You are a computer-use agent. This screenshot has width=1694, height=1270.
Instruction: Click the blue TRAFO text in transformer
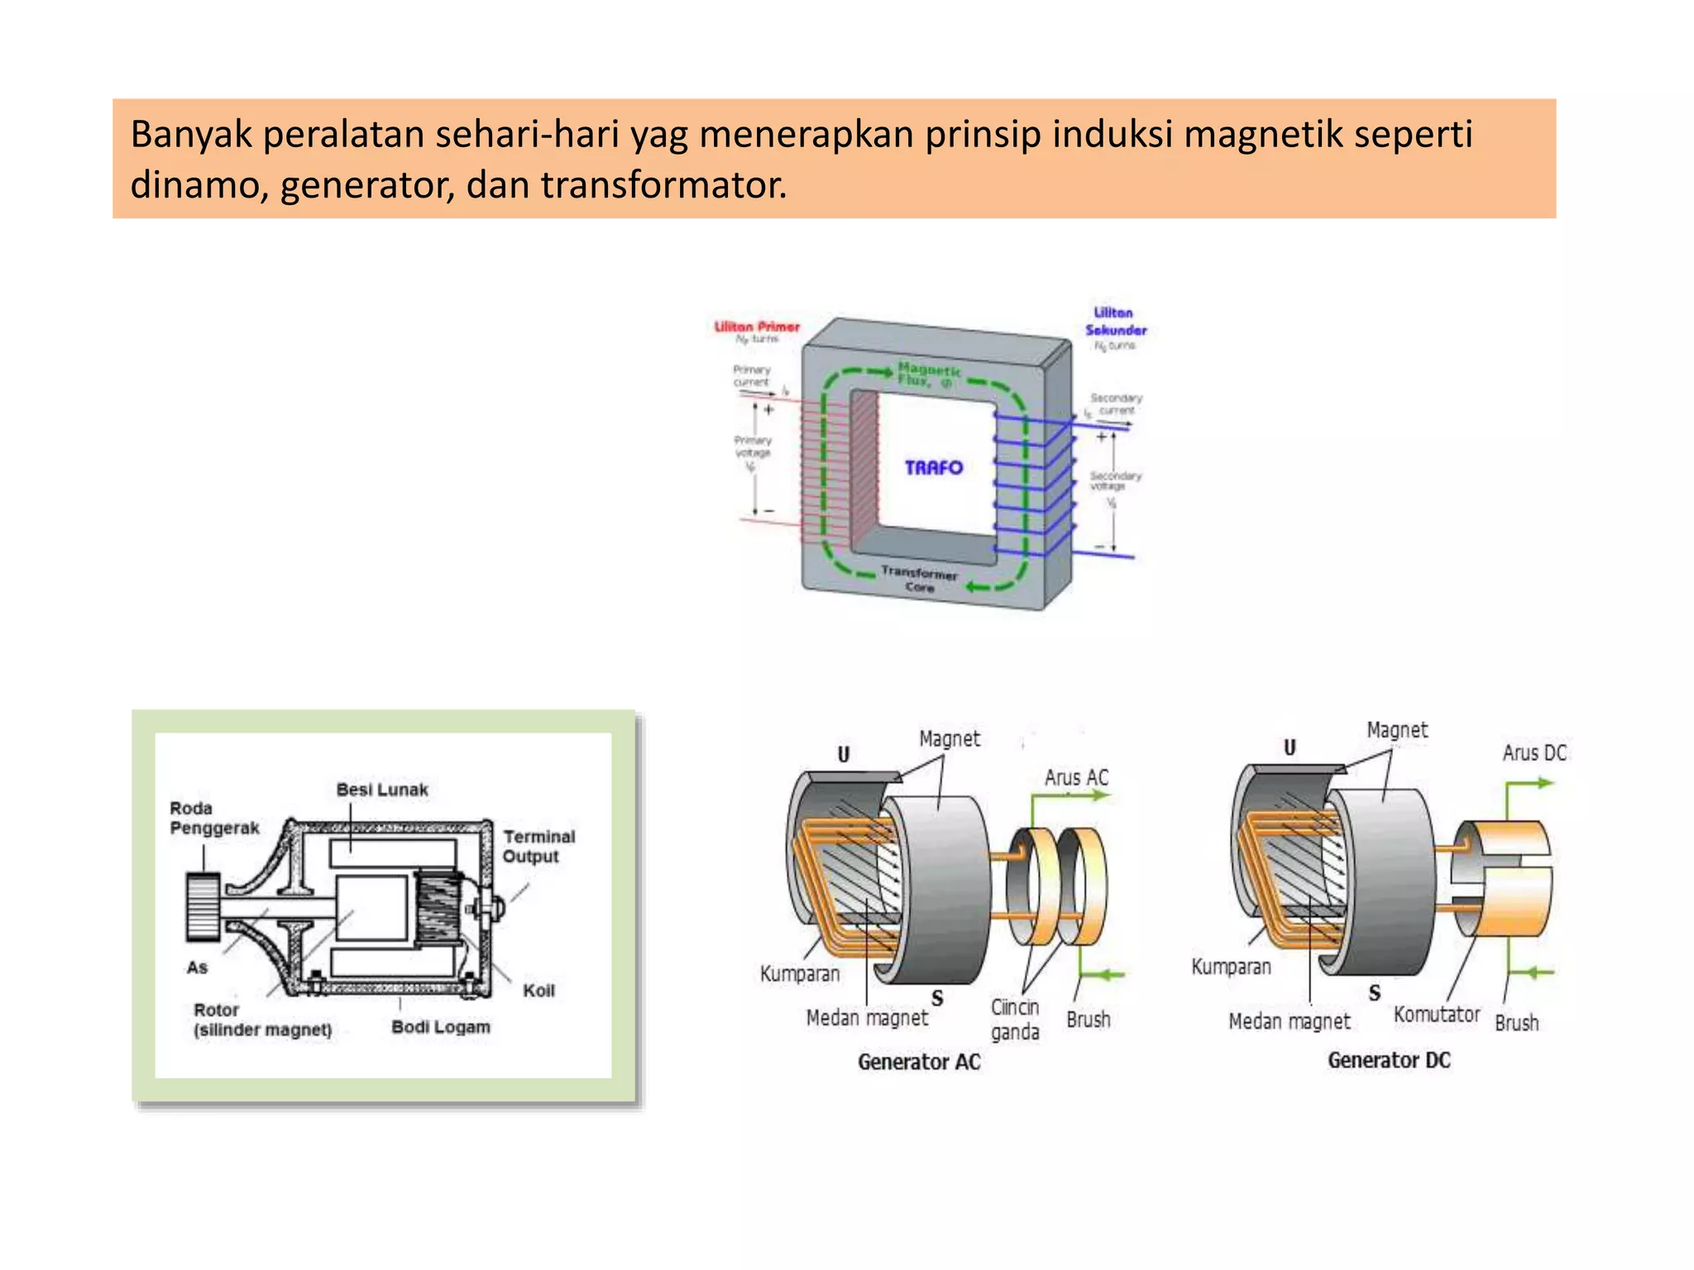[x=933, y=468]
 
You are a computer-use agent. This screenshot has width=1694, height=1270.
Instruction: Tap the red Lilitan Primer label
[x=757, y=327]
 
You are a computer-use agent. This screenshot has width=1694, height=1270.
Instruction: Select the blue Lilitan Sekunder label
[x=1115, y=321]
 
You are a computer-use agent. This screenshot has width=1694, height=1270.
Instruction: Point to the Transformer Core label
[x=919, y=579]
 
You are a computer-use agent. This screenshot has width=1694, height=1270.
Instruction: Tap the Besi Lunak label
[x=382, y=790]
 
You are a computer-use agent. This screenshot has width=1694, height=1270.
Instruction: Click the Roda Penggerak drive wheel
[x=203, y=907]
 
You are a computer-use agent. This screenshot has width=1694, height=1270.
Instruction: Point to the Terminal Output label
[x=538, y=846]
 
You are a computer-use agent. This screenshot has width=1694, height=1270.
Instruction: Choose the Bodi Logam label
[x=440, y=1027]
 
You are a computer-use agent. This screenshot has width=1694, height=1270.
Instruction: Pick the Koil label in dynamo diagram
[x=538, y=991]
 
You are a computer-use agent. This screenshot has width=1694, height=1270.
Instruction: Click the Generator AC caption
[x=918, y=1062]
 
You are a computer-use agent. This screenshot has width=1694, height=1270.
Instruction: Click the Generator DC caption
[x=1389, y=1060]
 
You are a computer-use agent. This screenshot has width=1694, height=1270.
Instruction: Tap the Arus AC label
[x=1075, y=777]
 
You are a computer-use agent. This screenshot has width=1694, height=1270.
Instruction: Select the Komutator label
[x=1436, y=1015]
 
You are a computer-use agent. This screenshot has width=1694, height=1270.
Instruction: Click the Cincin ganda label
[x=1015, y=1019]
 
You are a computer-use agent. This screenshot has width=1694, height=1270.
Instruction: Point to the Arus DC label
[x=1534, y=752]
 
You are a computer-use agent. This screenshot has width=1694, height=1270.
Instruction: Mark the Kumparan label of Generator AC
[x=799, y=974]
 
